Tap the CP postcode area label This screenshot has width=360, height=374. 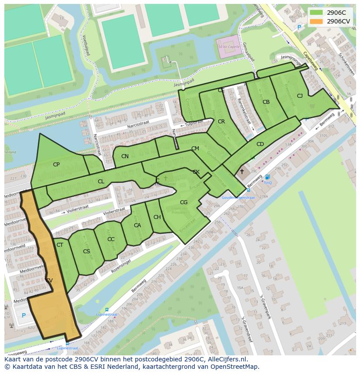[x=56, y=165]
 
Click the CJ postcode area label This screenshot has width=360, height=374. [x=300, y=96]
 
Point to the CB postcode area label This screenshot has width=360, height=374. [x=266, y=102]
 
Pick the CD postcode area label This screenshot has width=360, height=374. [x=260, y=144]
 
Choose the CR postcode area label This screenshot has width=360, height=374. [x=221, y=122]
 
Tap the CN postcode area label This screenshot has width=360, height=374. [x=125, y=156]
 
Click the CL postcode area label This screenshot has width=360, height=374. [x=101, y=182]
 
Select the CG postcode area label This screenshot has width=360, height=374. [x=183, y=202]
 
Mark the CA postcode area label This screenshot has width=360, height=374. [x=137, y=225]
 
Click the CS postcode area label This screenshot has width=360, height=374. [x=87, y=252]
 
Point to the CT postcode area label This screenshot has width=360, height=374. [x=60, y=245]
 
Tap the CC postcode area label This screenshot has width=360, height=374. [x=111, y=239]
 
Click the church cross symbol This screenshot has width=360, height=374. [x=242, y=172]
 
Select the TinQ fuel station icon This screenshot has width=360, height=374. [x=267, y=177]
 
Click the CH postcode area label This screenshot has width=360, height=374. [x=157, y=217]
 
